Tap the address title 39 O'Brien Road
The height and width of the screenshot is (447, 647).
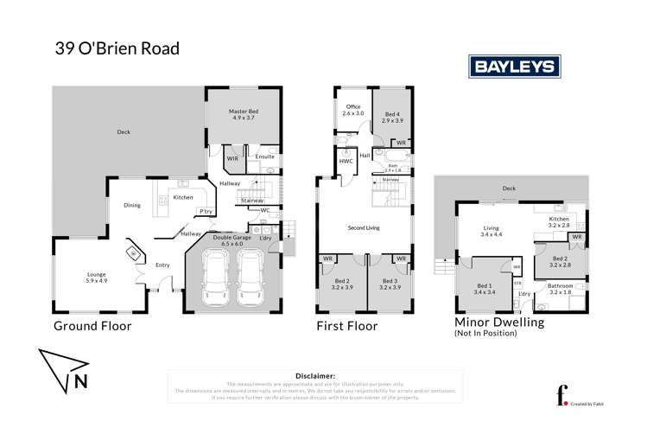coord(117,48)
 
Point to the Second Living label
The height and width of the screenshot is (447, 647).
coord(365,228)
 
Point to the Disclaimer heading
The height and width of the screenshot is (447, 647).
coord(314,376)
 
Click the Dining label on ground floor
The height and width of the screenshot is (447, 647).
coord(131,206)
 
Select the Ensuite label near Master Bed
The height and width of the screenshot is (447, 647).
coord(264,156)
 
